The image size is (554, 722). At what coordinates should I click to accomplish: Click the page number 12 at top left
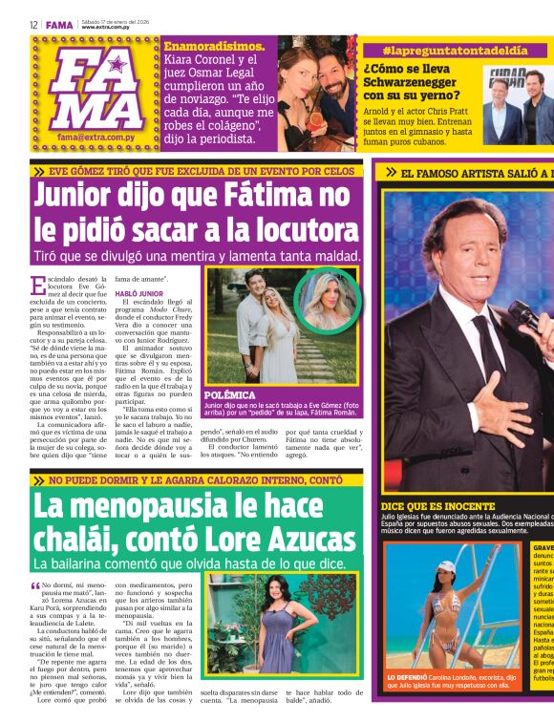[x=33, y=24]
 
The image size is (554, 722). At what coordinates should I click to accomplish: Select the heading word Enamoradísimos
[x=209, y=46]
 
